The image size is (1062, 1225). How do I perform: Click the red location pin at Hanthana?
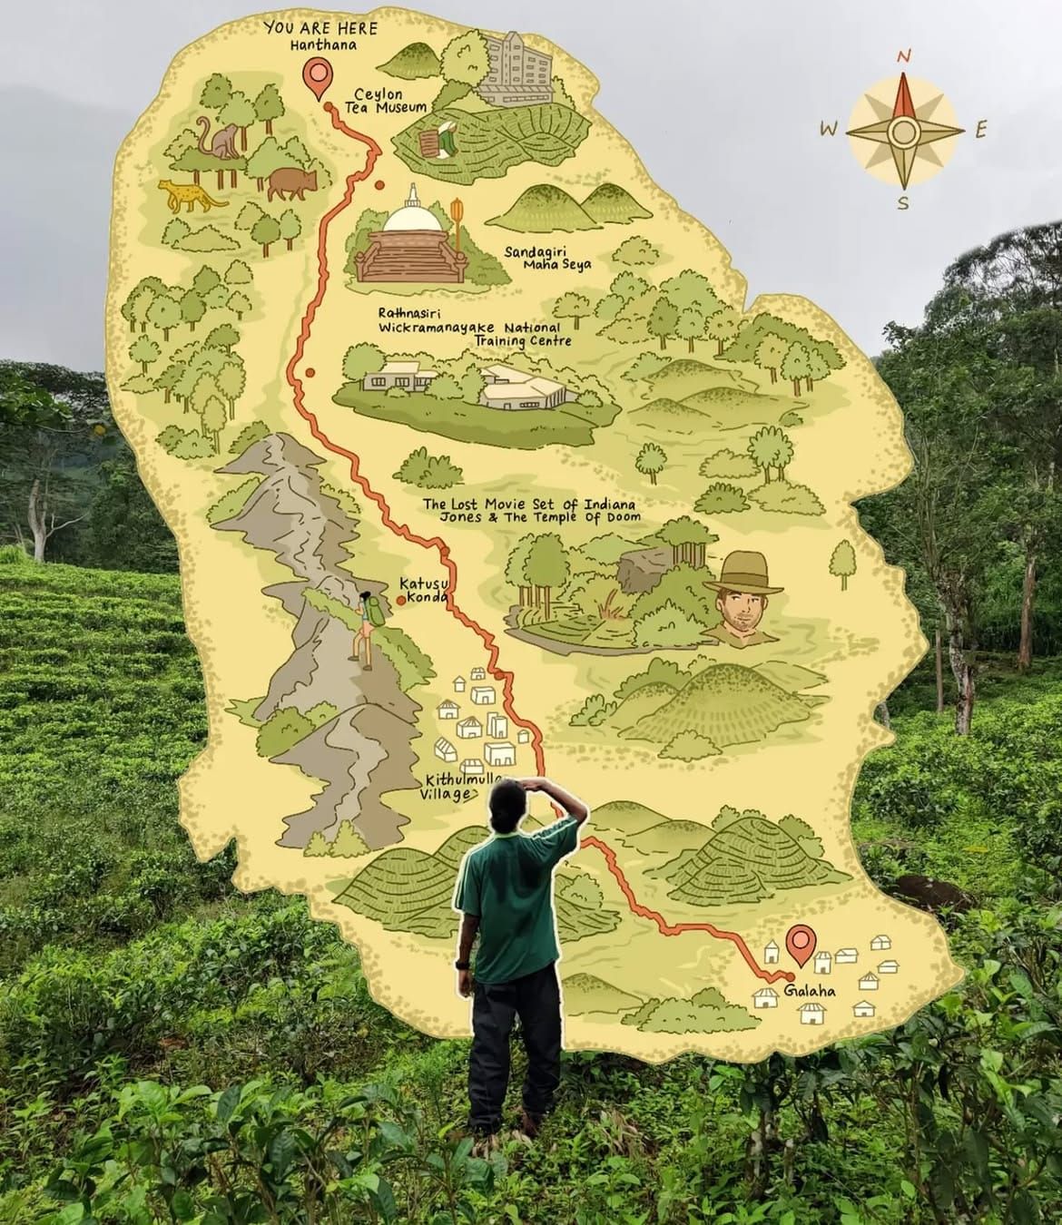tap(317, 77)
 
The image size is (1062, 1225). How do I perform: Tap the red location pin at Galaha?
tap(799, 944)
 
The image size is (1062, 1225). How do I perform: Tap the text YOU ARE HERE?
tap(320, 28)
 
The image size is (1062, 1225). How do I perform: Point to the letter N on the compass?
tap(903, 56)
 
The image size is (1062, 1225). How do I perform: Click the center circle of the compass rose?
tap(903, 132)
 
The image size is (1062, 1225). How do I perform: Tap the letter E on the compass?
tap(980, 131)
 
